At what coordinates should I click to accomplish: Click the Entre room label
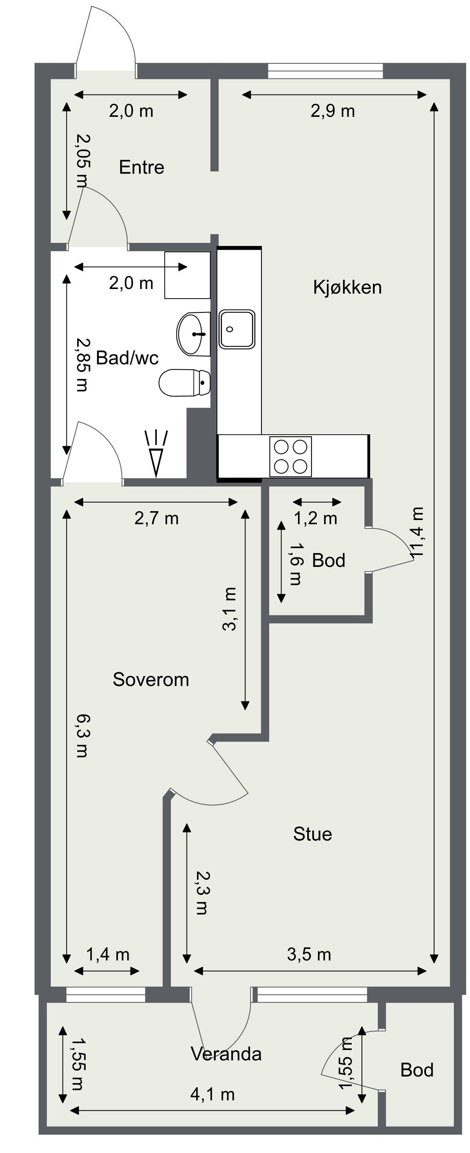coord(141,168)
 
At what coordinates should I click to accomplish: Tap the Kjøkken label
coord(348,287)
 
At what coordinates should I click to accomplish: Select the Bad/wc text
coord(127,358)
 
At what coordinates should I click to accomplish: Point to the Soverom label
coord(151,680)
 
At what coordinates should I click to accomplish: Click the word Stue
coord(313,834)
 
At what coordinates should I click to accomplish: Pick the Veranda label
coord(226,1054)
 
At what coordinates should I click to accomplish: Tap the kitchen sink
coord(237,329)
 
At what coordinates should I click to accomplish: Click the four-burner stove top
coord(291,457)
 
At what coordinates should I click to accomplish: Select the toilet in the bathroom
coord(185,383)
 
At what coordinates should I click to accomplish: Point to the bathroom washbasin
coord(194,334)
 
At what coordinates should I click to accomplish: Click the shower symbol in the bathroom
coord(156,454)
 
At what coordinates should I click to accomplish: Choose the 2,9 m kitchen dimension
coord(333,111)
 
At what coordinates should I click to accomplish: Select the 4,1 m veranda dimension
coord(212,1094)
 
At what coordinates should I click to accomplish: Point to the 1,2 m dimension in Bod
coord(315,518)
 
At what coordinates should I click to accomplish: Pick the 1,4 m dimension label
coord(108,955)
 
